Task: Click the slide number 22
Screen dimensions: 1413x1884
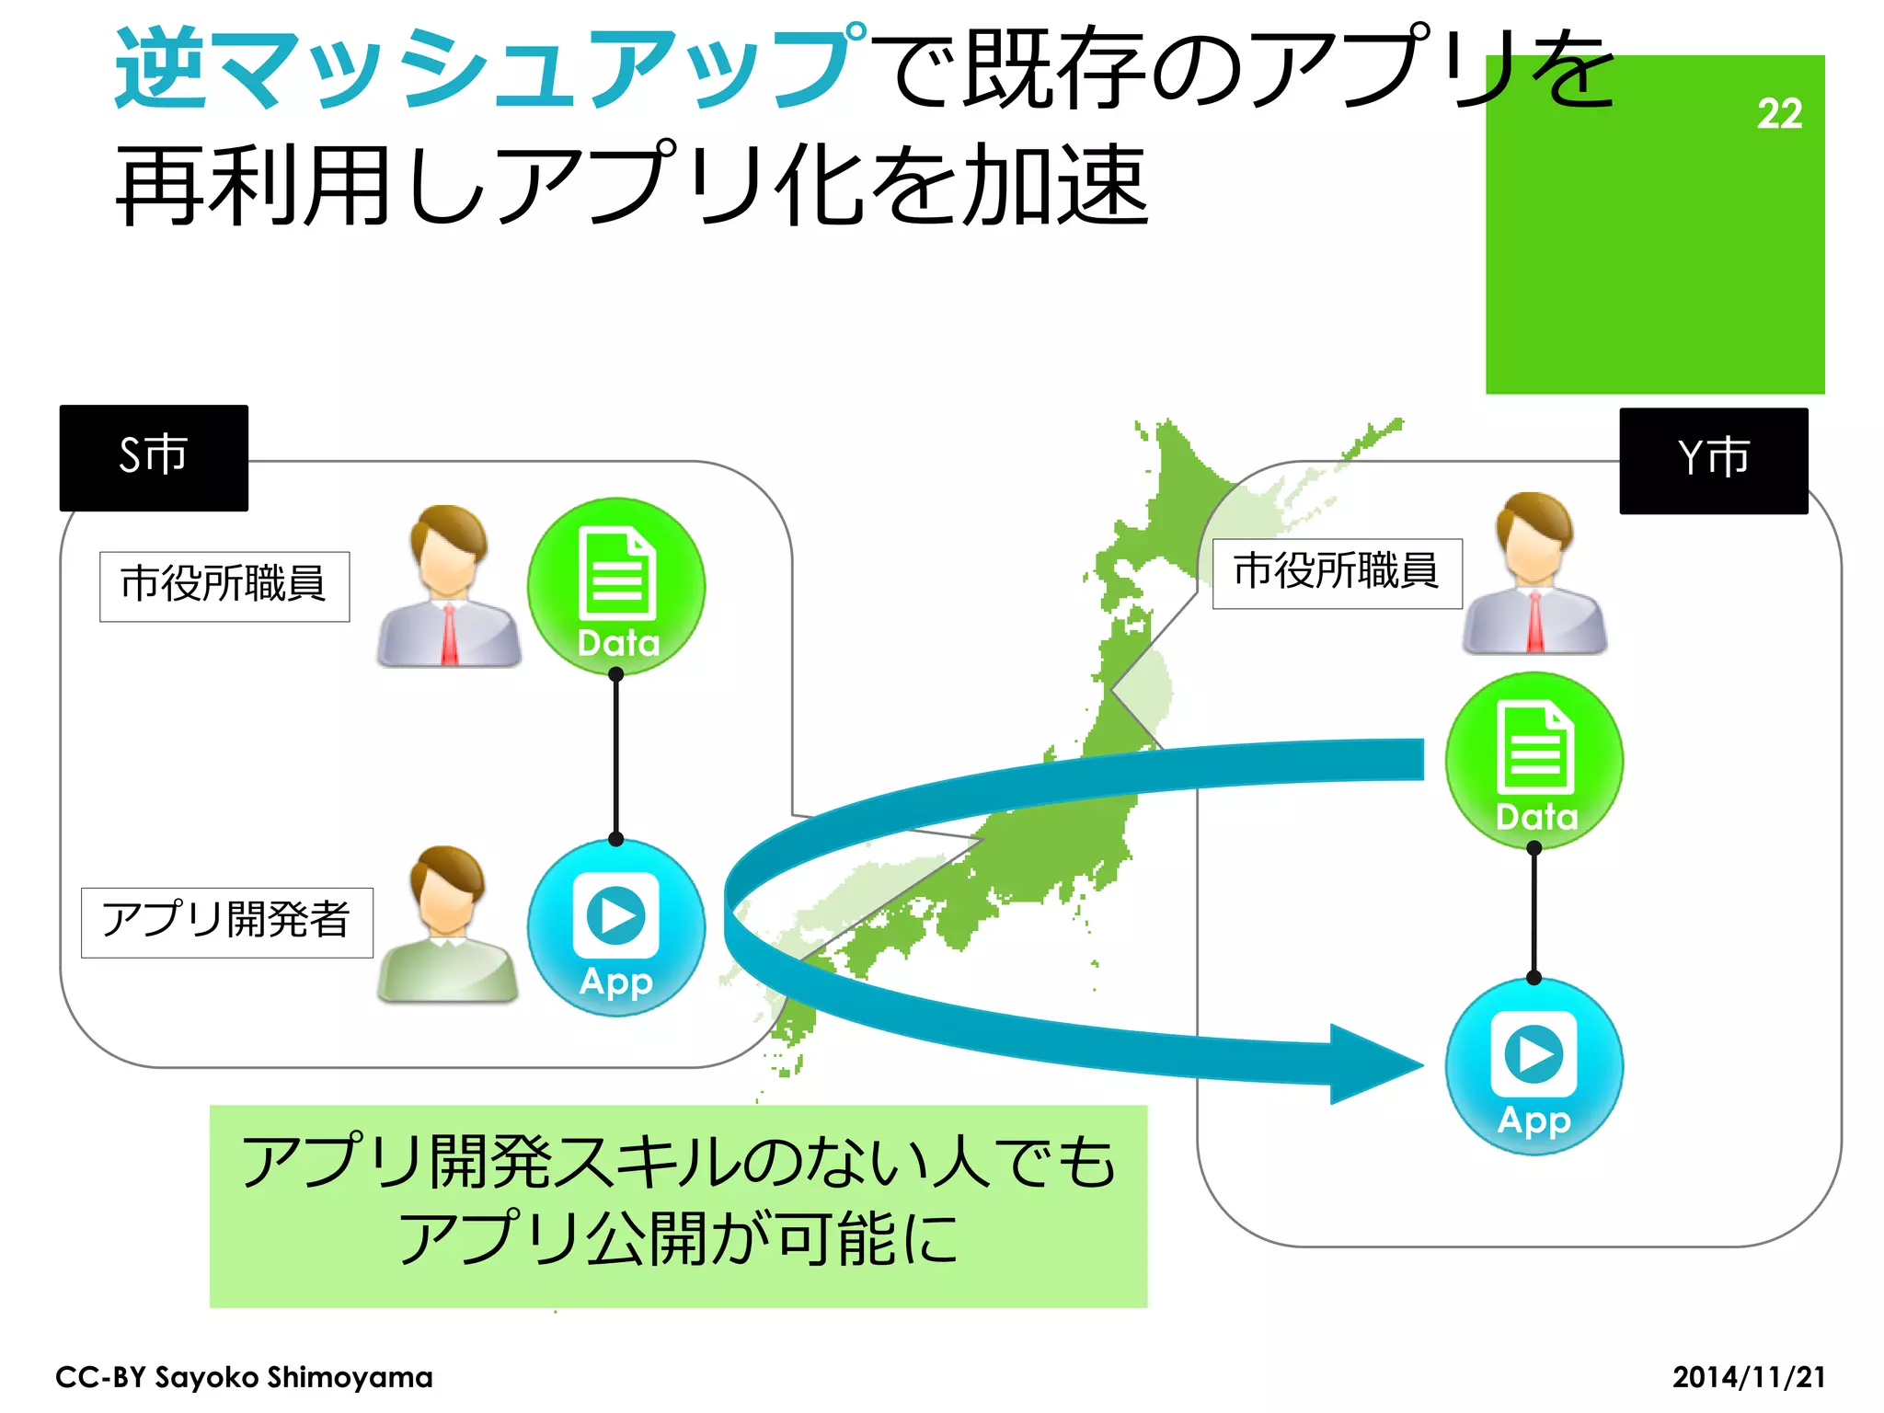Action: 1778,114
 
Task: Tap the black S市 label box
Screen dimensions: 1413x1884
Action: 154,457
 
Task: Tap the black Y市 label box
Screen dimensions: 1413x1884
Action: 1713,460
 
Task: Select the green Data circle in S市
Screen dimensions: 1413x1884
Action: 616,586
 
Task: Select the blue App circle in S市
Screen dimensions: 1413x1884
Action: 616,927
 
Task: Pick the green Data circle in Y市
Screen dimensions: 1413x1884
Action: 1534,761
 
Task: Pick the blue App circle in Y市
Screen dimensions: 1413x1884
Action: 1534,1066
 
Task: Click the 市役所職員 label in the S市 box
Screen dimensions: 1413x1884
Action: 224,586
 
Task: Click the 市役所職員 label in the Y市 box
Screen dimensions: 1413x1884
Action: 1337,573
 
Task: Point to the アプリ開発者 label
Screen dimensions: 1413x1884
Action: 226,922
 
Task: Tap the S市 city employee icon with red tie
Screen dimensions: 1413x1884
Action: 448,586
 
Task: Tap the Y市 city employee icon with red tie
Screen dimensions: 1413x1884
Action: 1534,573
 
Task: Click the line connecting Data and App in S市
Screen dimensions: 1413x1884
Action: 616,756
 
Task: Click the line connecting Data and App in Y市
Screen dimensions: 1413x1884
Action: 1534,913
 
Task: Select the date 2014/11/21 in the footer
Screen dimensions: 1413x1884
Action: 1748,1377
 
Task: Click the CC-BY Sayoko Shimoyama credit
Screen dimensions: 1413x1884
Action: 244,1377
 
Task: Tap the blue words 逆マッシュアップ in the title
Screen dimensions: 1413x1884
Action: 488,69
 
